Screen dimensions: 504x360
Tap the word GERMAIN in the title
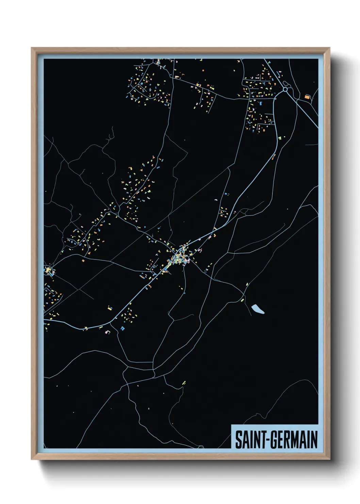294,440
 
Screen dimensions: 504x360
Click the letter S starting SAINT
238,440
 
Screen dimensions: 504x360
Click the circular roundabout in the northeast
285,90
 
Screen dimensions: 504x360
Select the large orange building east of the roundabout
307,97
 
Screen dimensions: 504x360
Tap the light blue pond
258,309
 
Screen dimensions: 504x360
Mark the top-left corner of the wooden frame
32,48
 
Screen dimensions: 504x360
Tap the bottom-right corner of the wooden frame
330,459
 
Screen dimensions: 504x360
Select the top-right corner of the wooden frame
330,48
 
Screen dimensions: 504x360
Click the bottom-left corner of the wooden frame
32,459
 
